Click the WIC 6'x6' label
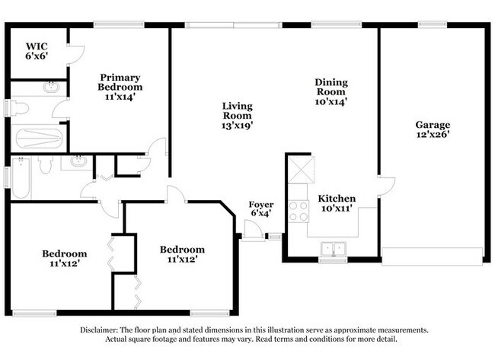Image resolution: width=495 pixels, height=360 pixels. (37, 51)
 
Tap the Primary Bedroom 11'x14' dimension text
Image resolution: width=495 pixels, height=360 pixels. (120, 97)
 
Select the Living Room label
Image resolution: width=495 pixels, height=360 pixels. (237, 110)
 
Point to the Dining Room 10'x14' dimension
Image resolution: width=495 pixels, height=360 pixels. (331, 101)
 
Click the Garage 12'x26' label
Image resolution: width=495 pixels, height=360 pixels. (433, 129)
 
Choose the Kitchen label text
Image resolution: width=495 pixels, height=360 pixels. (337, 199)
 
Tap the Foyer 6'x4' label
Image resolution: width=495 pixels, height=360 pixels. (260, 209)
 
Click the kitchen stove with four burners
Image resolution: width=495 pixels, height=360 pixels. (299, 212)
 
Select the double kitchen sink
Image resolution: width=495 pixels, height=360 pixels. (334, 250)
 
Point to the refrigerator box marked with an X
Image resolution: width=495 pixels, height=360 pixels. (301, 170)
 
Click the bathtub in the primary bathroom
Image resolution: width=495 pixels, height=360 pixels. (39, 139)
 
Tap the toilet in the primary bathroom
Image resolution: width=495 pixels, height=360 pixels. (18, 108)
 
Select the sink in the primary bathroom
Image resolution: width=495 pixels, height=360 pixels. (52, 87)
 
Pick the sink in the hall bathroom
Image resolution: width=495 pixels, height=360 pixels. (78, 161)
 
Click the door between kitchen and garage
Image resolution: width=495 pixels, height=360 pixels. (387, 186)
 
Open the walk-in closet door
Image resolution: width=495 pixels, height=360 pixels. (76, 56)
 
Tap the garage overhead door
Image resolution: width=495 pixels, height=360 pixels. (432, 256)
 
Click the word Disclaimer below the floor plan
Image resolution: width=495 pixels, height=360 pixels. (99, 330)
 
